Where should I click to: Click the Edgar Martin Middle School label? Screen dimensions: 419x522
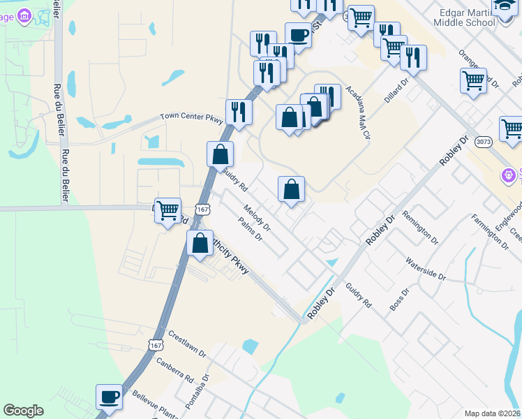click(x=463, y=17)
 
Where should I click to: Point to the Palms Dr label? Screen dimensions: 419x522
click(x=249, y=228)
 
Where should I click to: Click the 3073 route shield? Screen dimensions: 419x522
click(x=482, y=142)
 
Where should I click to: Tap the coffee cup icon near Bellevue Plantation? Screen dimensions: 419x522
click(x=109, y=397)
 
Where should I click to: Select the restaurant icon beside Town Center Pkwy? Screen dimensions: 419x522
click(x=239, y=111)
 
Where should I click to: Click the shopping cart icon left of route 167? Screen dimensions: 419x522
click(x=167, y=209)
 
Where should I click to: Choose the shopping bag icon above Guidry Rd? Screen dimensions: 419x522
click(x=220, y=154)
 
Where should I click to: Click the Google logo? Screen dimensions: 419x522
click(x=23, y=411)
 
